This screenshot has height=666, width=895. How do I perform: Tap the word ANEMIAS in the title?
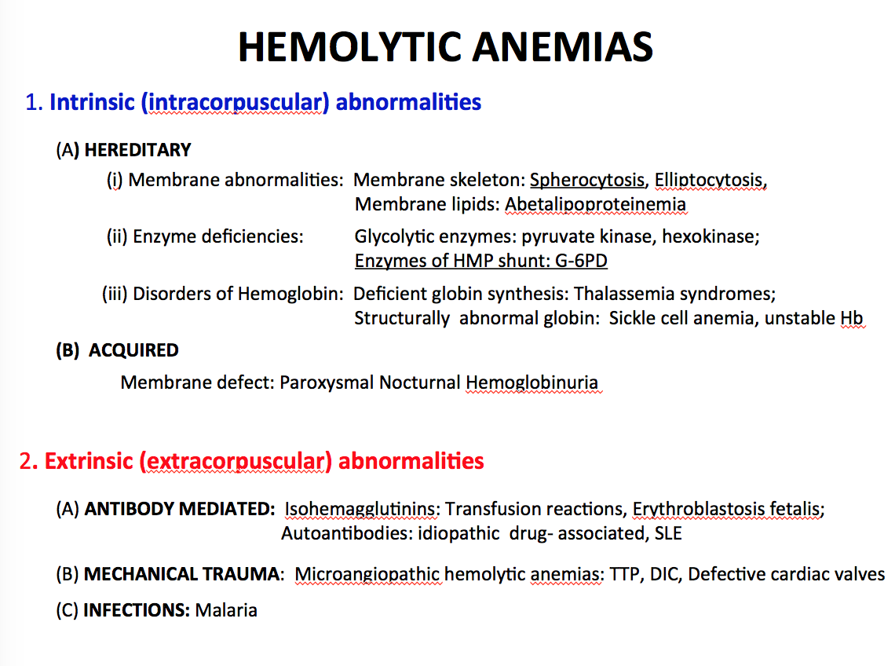pyautogui.click(x=563, y=47)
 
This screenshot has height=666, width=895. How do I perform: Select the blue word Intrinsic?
pyautogui.click(x=92, y=102)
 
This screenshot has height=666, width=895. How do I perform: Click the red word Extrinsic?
pyautogui.click(x=89, y=461)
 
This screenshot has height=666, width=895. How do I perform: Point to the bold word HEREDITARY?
pyautogui.click(x=137, y=150)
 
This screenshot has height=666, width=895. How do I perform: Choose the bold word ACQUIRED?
pyautogui.click(x=133, y=350)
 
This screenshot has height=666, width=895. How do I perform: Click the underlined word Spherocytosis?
pyautogui.click(x=586, y=181)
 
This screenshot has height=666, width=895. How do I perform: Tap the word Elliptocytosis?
pyautogui.click(x=708, y=181)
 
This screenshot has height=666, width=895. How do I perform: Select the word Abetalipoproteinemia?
pyautogui.click(x=595, y=204)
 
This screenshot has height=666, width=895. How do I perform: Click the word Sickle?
pyautogui.click(x=632, y=318)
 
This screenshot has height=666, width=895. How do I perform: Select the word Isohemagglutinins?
pyautogui.click(x=360, y=509)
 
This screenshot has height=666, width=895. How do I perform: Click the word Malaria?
pyautogui.click(x=226, y=610)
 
